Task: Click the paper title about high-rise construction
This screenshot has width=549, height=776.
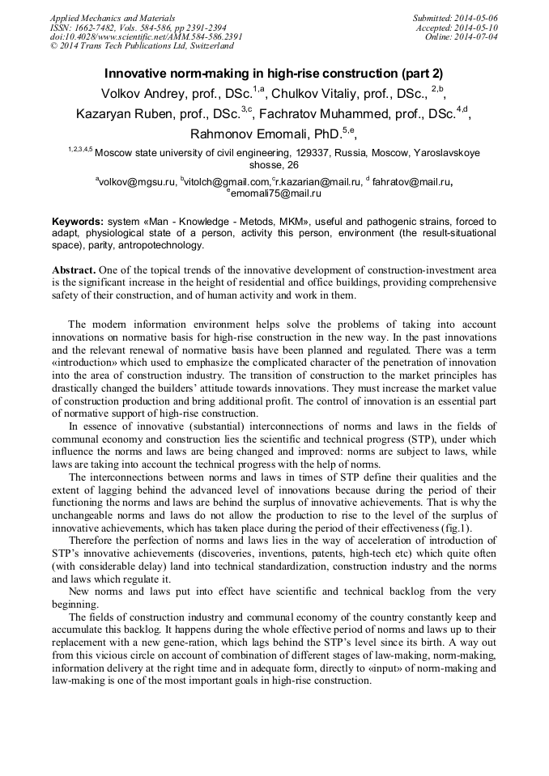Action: click(x=274, y=74)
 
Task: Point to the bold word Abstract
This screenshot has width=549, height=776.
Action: click(x=75, y=269)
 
